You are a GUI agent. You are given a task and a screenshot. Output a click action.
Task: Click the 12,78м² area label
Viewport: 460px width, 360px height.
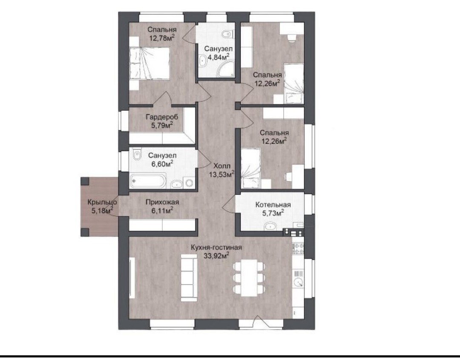click(x=162, y=37)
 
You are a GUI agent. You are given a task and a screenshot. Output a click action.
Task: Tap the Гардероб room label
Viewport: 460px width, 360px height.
click(x=162, y=117)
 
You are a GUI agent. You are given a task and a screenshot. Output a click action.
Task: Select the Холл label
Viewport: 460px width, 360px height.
click(x=222, y=166)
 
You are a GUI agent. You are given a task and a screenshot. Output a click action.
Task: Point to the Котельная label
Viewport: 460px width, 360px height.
click(x=273, y=205)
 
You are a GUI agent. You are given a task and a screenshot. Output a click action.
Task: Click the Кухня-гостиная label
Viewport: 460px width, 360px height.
click(x=216, y=248)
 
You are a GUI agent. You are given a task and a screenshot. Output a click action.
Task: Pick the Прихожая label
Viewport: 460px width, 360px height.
click(x=162, y=202)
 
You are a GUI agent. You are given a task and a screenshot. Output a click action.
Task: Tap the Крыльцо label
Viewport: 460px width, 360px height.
click(x=102, y=202)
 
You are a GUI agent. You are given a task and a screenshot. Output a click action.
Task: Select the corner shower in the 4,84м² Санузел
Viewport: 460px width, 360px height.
click(x=226, y=69)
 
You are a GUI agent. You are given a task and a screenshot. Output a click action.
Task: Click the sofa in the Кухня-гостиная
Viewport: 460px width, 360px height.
click(x=189, y=278)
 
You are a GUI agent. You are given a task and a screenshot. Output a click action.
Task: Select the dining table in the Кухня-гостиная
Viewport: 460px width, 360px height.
click(x=249, y=278)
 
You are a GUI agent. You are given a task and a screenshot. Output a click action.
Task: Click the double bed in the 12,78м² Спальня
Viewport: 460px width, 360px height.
click(x=149, y=63)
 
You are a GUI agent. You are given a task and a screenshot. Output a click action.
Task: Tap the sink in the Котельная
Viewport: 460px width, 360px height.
click(x=270, y=226)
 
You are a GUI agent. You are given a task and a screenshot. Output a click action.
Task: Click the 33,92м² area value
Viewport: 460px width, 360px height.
click(x=216, y=256)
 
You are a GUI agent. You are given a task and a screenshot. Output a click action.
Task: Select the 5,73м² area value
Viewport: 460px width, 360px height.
click(x=273, y=213)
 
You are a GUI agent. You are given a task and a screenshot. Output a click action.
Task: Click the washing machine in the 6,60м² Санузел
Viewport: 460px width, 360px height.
click(x=188, y=182)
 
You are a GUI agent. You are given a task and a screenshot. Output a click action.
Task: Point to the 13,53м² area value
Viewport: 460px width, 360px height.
click(x=221, y=174)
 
